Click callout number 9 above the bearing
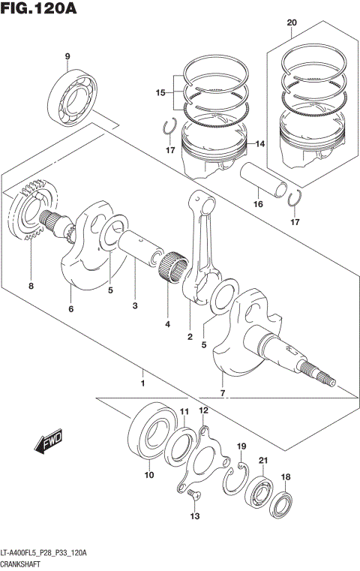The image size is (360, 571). (x=67, y=57)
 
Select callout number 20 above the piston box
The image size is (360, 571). (x=292, y=23)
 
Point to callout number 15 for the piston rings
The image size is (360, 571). (x=160, y=93)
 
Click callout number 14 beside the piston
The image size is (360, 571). (x=261, y=144)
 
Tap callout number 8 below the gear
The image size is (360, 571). (x=31, y=286)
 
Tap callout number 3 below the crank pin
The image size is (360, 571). (x=135, y=306)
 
